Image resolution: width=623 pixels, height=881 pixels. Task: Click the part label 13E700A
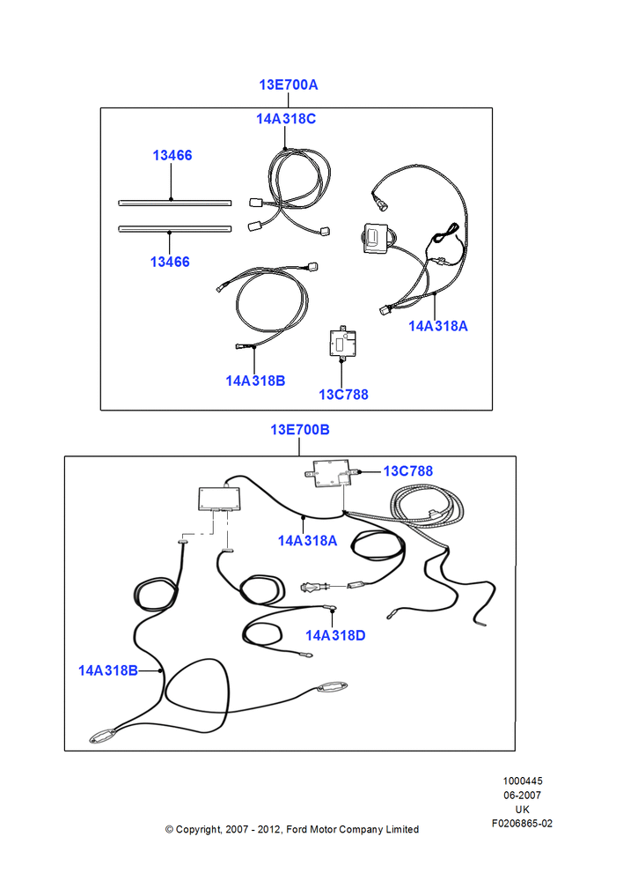click(x=288, y=85)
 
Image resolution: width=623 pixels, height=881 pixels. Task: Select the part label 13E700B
click(x=300, y=430)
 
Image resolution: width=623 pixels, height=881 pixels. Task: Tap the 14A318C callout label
click(x=286, y=119)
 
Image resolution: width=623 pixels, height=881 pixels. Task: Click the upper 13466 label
click(x=172, y=156)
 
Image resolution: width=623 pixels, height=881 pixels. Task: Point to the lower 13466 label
click(x=170, y=262)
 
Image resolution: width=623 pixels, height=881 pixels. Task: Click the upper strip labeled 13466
click(x=174, y=203)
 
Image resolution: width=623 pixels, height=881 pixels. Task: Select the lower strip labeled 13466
click(x=174, y=229)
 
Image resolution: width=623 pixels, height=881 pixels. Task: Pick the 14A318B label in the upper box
click(x=255, y=381)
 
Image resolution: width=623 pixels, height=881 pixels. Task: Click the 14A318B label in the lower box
click(x=107, y=670)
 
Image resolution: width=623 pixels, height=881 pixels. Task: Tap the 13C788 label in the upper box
click(x=343, y=395)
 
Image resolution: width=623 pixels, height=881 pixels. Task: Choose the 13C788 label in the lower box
click(x=408, y=471)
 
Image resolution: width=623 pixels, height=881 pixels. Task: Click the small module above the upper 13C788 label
click(x=342, y=341)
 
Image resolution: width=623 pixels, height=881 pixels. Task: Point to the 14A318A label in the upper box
click(x=438, y=327)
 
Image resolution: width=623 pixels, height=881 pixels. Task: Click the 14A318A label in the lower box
click(x=308, y=541)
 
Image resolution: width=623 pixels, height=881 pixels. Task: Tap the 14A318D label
click(x=335, y=635)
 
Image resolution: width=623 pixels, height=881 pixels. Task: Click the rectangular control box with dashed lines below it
click(x=220, y=499)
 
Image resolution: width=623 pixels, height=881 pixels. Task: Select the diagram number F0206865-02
click(x=522, y=824)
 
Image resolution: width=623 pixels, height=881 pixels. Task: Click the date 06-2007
click(x=522, y=796)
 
